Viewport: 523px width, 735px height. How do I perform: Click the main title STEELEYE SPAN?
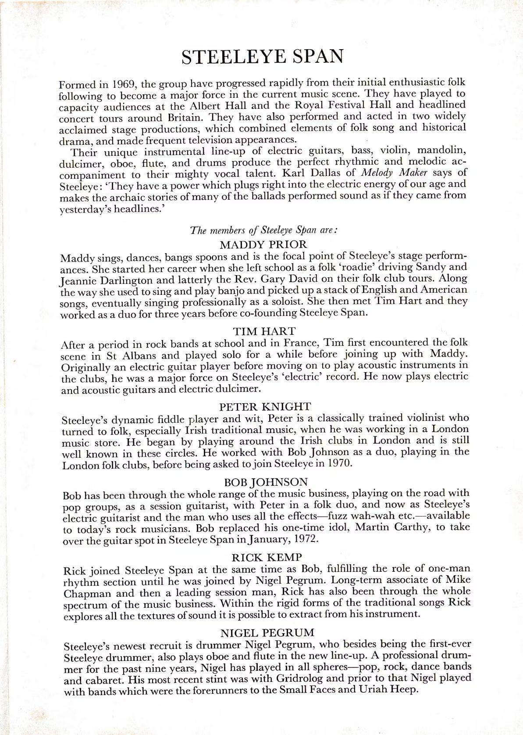(x=262, y=57)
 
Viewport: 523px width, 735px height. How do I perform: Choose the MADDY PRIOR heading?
(x=263, y=244)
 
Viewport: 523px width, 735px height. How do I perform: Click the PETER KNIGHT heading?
(x=265, y=406)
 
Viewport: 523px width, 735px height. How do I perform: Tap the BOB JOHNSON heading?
(x=266, y=482)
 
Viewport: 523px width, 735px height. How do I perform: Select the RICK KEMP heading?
(x=267, y=557)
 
